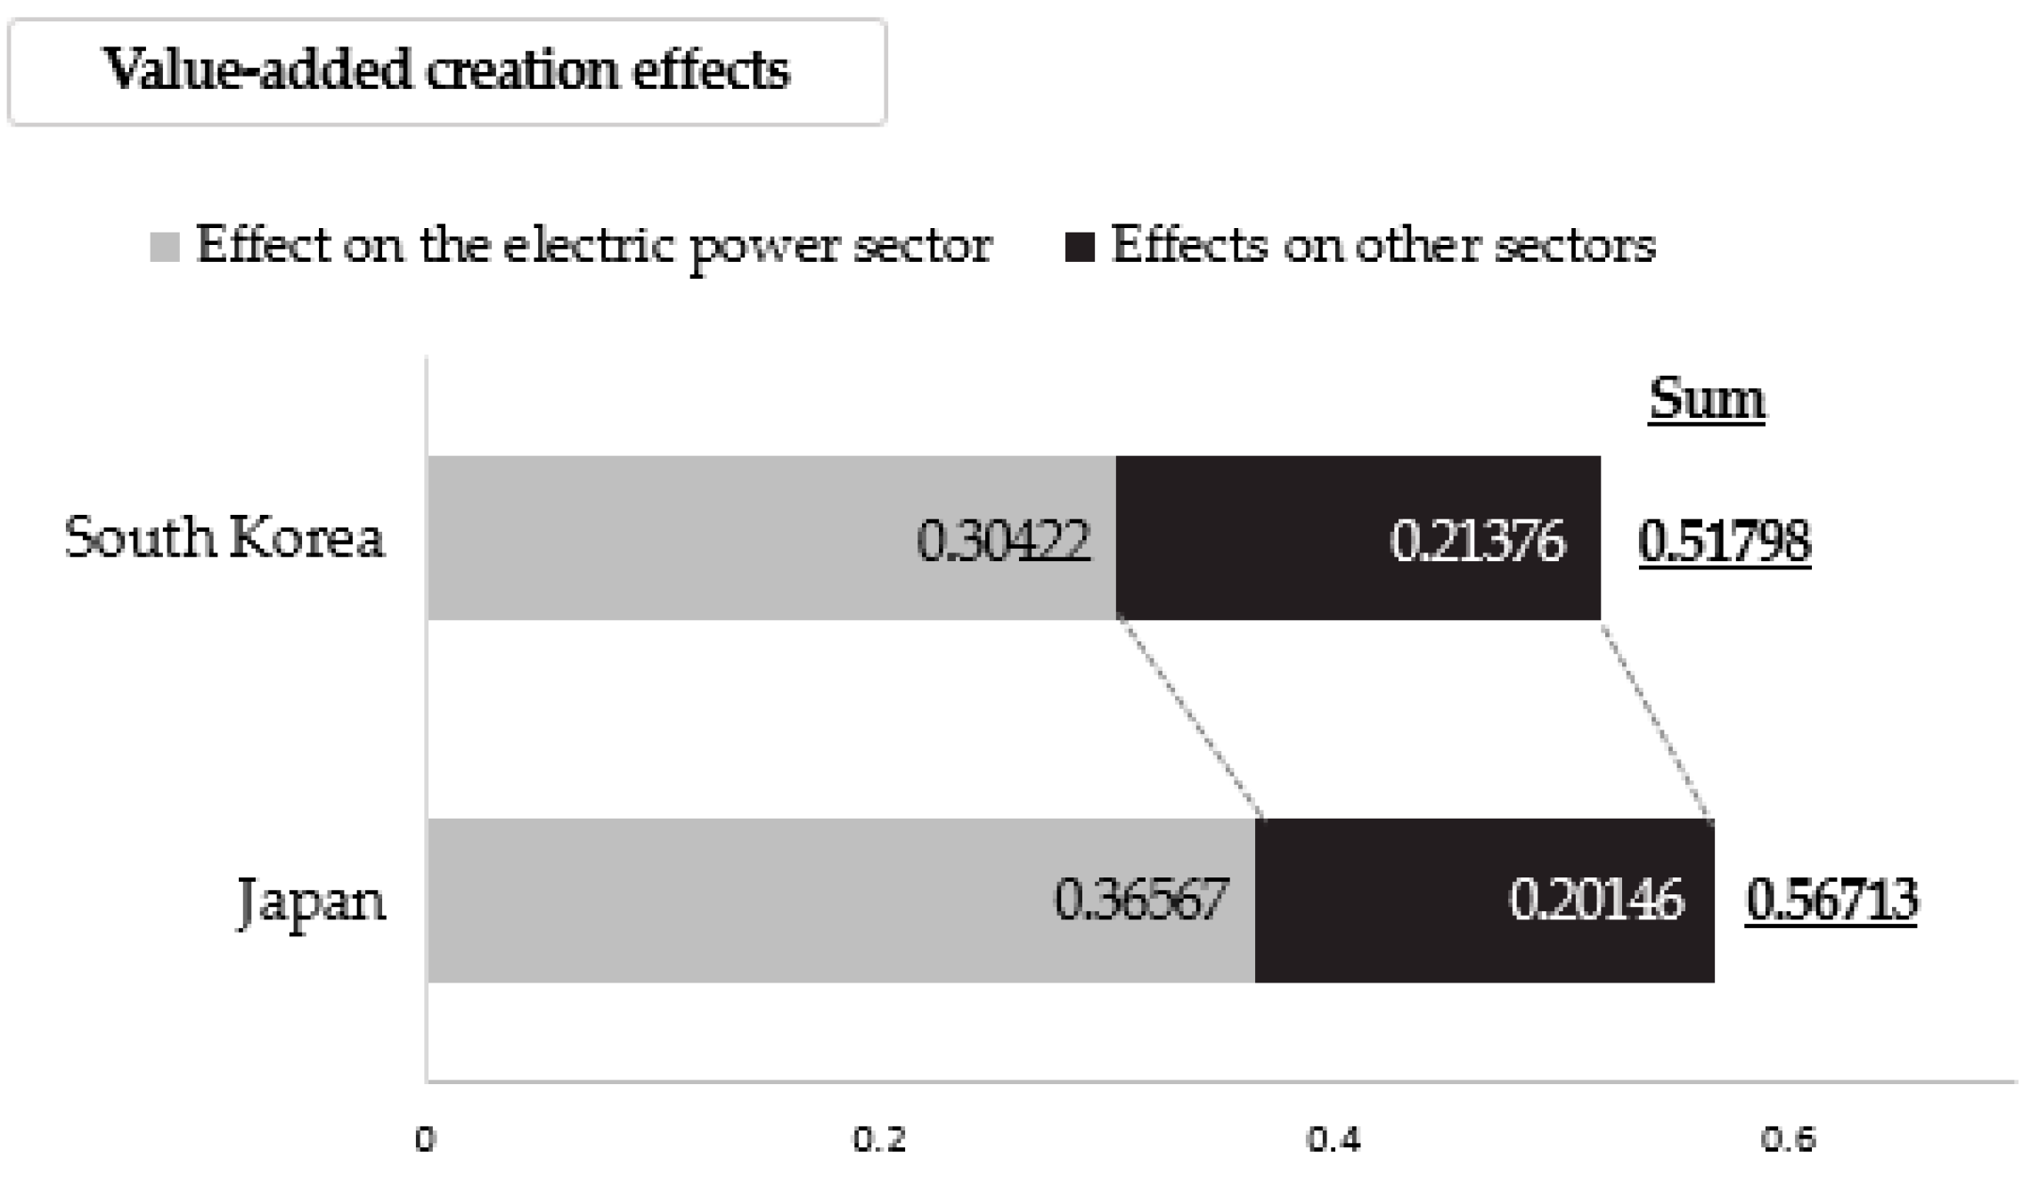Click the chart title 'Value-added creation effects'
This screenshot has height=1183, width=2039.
(447, 70)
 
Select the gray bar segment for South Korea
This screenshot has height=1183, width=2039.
(668, 538)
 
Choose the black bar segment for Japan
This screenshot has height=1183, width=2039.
(1381, 901)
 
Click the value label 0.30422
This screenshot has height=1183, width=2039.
(1003, 541)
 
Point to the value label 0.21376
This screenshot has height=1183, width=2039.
(1477, 541)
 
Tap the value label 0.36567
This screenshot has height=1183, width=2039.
(1141, 900)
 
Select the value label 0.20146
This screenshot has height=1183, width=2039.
(1596, 900)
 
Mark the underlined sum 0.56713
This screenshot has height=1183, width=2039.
(1831, 900)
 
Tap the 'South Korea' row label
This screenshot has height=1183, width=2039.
(224, 538)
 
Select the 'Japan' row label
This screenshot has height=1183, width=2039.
(312, 902)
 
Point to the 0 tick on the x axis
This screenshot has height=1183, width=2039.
(426, 1139)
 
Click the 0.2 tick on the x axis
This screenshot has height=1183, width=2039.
(879, 1139)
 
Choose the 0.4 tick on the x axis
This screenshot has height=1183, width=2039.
(1334, 1139)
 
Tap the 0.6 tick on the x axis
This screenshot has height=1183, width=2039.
(1788, 1139)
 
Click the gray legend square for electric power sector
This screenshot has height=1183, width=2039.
(165, 247)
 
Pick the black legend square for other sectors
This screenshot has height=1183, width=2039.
(1080, 247)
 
